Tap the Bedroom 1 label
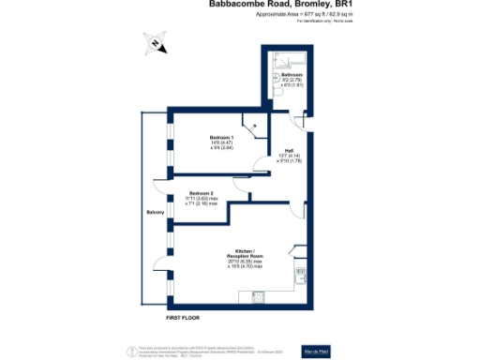220,137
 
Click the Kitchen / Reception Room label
245,252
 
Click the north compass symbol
154,41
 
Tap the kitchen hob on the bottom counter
258,297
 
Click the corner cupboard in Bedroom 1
251,124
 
